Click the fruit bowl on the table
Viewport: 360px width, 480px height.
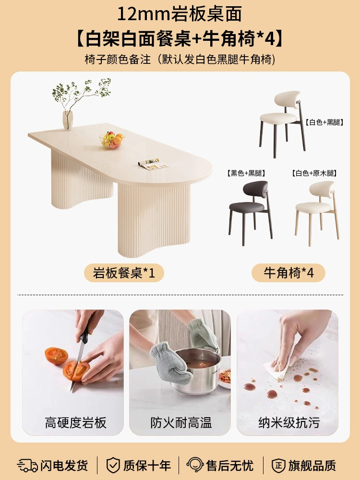(x=112, y=141)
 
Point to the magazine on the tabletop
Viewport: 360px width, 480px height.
(x=153, y=164)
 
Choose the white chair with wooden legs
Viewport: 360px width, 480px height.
(x=317, y=213)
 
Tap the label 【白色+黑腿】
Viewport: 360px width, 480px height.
(x=324, y=122)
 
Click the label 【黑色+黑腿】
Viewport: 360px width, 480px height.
(x=246, y=173)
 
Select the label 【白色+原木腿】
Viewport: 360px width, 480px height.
(x=314, y=173)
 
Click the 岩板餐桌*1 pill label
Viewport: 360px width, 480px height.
(x=124, y=273)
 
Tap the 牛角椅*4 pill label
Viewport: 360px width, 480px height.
(x=288, y=273)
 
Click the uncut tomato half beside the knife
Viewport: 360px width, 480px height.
(x=56, y=356)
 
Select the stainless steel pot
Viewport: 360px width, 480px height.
(x=195, y=371)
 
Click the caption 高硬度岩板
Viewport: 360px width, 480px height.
(x=76, y=423)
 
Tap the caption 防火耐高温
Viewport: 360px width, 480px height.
(x=181, y=423)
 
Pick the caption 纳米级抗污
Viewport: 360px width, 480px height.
(x=288, y=423)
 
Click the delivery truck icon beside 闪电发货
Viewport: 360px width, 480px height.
(x=27, y=466)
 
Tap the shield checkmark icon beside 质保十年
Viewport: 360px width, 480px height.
(x=113, y=466)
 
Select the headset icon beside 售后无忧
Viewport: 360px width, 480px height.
(x=195, y=465)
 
